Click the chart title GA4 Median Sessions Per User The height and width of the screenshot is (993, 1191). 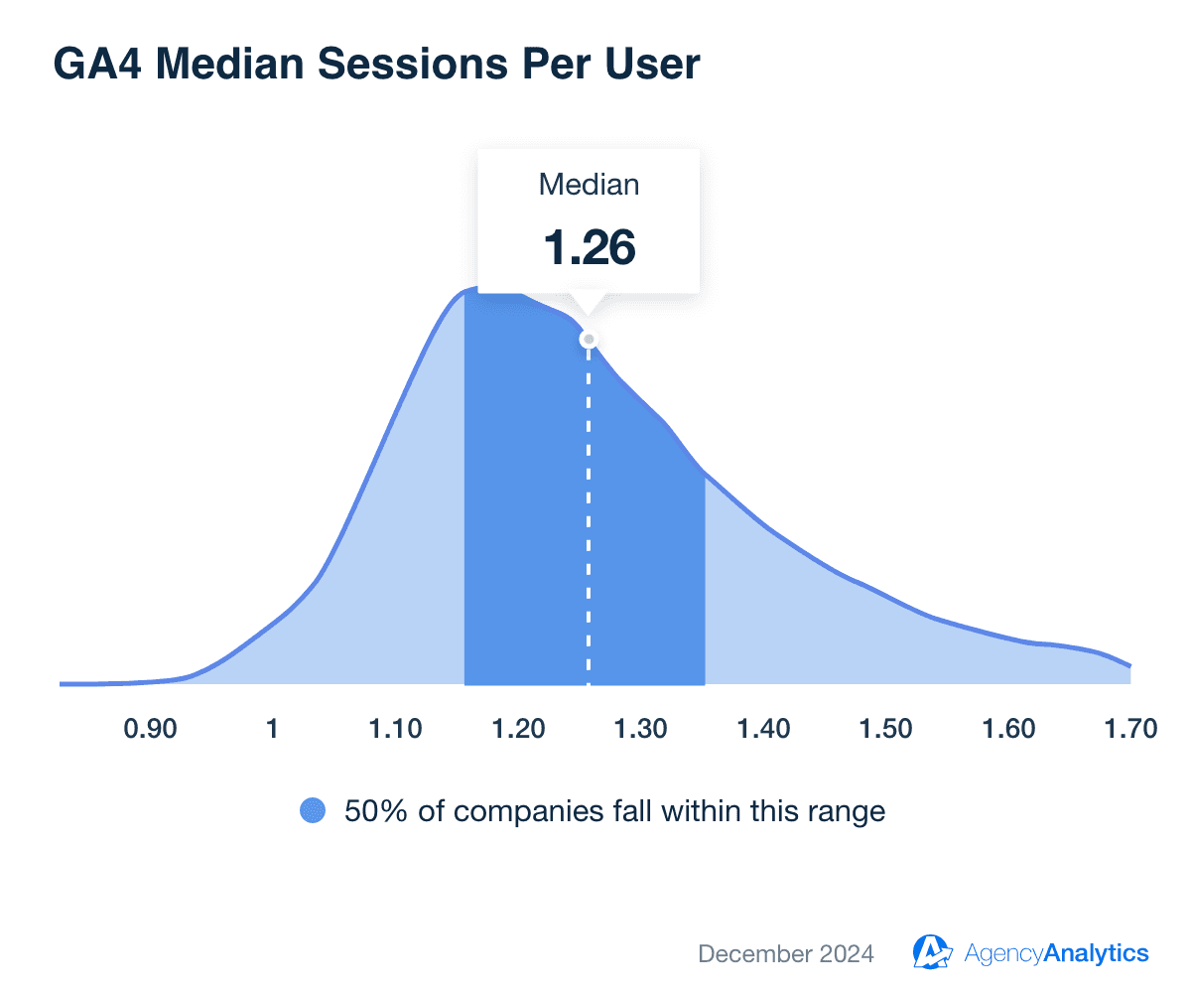376,65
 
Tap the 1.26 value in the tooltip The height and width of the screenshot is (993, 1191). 589,247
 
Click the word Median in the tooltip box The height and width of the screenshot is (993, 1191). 589,184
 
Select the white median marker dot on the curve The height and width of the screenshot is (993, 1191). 589,339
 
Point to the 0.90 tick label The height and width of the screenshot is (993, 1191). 150,729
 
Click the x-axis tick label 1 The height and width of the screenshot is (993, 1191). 272,729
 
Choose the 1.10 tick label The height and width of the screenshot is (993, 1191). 395,729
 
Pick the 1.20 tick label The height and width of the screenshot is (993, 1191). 517,729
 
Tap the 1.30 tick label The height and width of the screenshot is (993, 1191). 640,729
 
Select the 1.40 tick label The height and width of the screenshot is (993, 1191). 763,729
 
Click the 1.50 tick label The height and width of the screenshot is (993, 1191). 885,729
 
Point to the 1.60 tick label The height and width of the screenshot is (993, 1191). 1008,729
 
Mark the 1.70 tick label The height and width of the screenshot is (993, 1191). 1130,729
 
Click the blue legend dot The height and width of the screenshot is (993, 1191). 313,811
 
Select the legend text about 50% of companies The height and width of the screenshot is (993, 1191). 614,811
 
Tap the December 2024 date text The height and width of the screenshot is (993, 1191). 786,954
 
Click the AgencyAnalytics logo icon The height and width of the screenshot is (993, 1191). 932,952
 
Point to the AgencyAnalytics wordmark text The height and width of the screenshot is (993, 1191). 1056,954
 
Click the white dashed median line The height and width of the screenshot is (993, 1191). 589,516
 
